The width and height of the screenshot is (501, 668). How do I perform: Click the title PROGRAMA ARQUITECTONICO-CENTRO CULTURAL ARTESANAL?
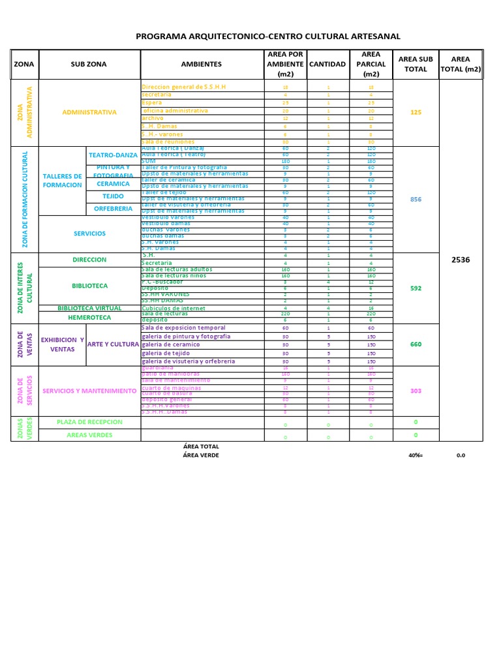coord(268,37)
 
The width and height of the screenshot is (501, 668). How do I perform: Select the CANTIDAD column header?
coord(327,65)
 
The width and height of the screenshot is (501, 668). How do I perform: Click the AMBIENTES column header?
coord(202,65)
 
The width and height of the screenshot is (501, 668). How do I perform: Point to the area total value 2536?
coord(461,260)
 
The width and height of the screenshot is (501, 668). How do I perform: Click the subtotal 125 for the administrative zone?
coord(416,112)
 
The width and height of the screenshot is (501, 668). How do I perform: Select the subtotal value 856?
coord(416,200)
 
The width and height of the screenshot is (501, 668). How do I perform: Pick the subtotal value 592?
coord(416,288)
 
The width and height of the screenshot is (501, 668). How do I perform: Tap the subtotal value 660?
coord(416,344)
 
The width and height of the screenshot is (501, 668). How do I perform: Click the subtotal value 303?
coord(416,391)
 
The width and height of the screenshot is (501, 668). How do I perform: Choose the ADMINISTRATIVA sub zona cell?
coord(89,112)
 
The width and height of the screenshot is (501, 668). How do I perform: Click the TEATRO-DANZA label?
coord(114,155)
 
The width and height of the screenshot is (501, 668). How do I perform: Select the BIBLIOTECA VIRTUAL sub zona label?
coord(89,308)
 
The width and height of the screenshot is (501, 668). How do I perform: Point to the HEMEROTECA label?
coord(89,318)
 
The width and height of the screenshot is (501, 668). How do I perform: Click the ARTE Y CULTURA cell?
coord(113,344)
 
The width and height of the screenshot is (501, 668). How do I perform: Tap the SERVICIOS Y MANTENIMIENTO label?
coord(89,391)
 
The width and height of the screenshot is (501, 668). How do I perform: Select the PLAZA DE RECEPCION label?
coord(89,422)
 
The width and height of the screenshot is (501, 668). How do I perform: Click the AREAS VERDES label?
coord(89,435)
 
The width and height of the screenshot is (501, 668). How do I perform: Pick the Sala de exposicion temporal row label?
coord(183,328)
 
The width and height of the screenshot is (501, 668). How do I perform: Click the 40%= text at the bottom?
coord(416,455)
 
